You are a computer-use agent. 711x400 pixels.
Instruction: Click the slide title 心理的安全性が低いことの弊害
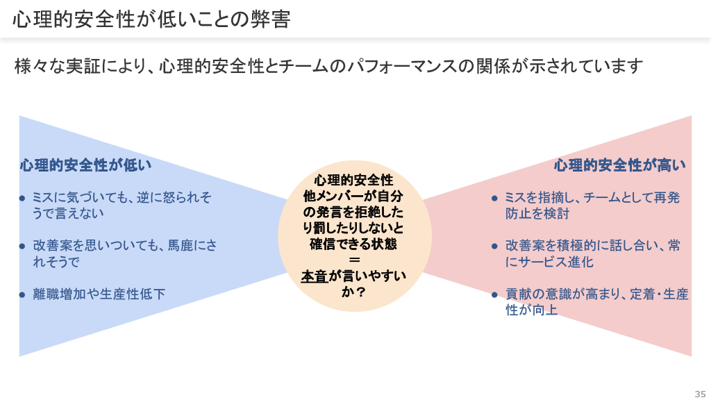click(151, 19)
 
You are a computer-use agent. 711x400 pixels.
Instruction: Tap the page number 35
click(699, 393)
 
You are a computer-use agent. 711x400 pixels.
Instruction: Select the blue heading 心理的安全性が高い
click(619, 165)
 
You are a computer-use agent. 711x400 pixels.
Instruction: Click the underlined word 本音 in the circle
click(315, 276)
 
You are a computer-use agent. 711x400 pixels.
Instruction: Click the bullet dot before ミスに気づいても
click(22, 198)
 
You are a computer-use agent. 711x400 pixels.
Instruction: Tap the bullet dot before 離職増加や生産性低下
click(22, 294)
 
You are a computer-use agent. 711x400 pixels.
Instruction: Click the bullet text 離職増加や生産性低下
click(99, 294)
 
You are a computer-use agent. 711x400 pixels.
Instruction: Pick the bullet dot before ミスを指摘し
click(494, 198)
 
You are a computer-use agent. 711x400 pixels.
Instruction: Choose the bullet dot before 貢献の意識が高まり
click(494, 294)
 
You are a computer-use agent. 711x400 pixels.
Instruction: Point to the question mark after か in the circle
click(361, 292)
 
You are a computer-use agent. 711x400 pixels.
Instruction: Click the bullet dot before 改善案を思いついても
click(22, 245)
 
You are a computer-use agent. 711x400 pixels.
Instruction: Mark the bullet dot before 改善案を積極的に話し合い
click(494, 246)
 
